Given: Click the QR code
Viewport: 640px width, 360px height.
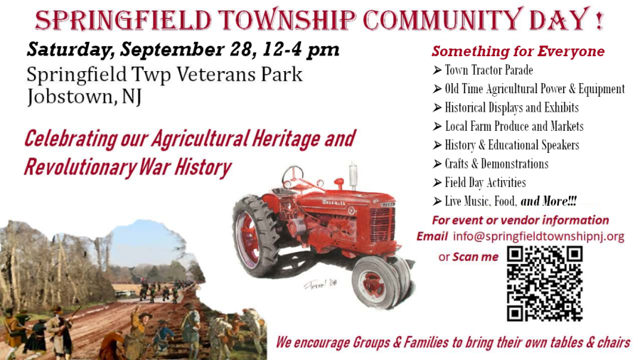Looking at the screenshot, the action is (545, 283).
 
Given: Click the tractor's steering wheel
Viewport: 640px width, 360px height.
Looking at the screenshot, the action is (293, 176).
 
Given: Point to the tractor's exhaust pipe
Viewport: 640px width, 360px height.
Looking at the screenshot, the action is (353, 176).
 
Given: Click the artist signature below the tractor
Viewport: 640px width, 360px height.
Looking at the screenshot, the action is (321, 284).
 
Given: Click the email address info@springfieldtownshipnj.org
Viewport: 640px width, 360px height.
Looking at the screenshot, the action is (538, 236).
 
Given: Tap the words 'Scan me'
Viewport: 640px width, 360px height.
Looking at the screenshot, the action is (475, 257).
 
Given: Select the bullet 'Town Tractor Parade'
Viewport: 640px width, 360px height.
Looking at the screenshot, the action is (483, 70).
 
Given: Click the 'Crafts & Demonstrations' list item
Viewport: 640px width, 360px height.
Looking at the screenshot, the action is (491, 164).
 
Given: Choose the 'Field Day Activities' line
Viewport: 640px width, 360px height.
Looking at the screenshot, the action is (479, 182).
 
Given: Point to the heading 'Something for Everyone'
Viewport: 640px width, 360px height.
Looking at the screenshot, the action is (518, 51).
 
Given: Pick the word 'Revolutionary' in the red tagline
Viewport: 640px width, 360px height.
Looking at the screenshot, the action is (80, 168).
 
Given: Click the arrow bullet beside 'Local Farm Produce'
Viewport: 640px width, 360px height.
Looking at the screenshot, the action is (437, 127).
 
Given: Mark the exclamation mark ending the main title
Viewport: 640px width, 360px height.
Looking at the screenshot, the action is (599, 20).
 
